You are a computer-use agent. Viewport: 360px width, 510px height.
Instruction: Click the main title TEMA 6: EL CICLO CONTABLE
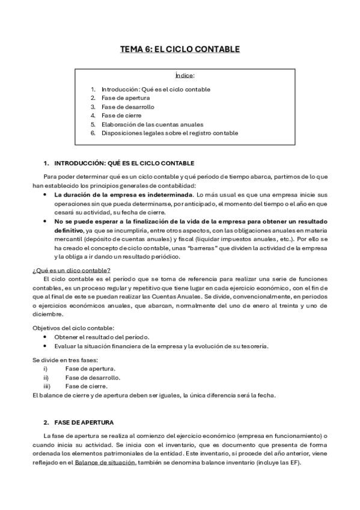click(180, 49)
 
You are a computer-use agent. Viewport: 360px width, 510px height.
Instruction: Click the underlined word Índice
click(185, 76)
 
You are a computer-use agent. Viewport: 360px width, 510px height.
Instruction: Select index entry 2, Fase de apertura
click(126, 98)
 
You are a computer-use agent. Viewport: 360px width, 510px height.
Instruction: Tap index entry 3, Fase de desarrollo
click(128, 107)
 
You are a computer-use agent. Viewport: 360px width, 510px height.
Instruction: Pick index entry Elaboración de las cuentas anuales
click(152, 124)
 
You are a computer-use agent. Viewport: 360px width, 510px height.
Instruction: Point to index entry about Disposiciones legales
click(169, 133)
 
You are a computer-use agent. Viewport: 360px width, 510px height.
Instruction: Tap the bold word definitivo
click(69, 230)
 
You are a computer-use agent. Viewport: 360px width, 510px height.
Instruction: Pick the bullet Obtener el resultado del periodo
click(102, 337)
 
